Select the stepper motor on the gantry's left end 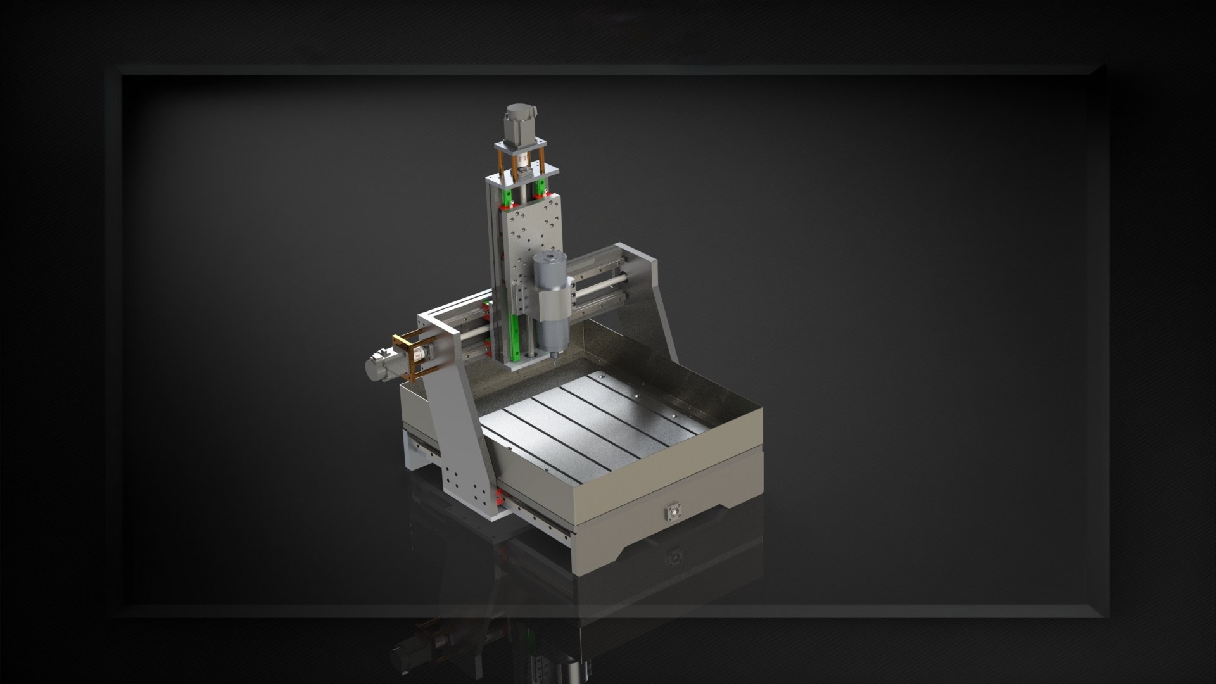(x=380, y=367)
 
